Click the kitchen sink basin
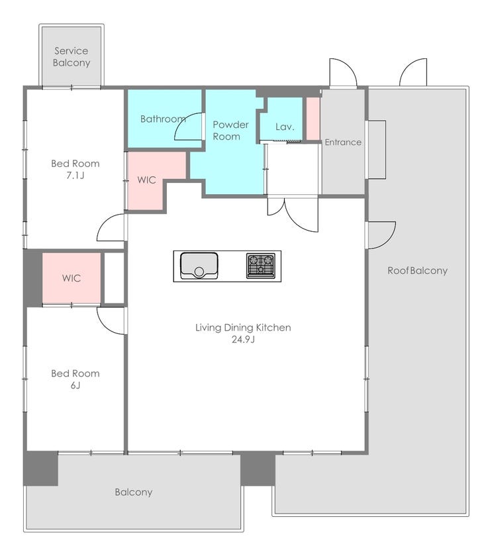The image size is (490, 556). point(199,266)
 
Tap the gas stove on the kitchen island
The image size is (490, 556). point(261,266)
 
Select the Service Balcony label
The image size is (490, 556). point(72,57)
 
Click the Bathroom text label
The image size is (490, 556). point(163,119)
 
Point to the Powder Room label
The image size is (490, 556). point(230,131)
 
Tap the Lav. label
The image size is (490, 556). point(285,127)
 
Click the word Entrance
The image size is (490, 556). point(343,142)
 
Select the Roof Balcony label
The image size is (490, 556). point(417,270)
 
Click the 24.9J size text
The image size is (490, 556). point(244,339)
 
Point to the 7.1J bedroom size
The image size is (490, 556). point(75,176)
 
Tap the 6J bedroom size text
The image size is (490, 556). point(75,386)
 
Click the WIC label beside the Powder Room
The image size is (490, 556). point(147,180)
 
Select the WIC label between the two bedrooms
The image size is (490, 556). point(72,278)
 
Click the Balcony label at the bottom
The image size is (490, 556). point(134,492)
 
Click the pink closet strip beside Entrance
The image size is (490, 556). point(313,119)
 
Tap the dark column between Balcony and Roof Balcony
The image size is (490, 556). point(258,469)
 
